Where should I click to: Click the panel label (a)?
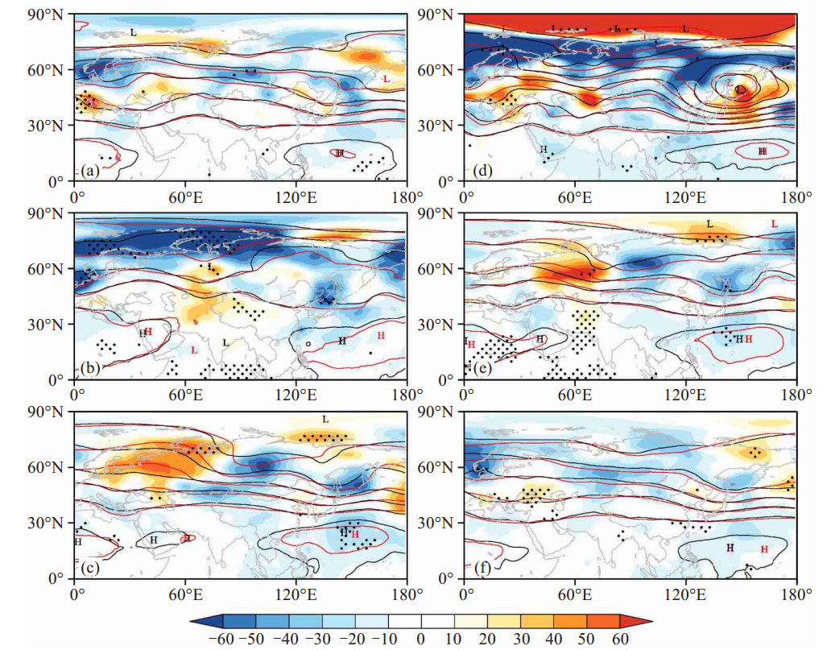coord(91,171)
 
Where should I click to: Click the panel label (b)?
coord(91,369)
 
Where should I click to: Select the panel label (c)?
coord(91,568)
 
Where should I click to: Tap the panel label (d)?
coord(482,171)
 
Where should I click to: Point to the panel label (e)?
coord(482,369)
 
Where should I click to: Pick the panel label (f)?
coord(482,568)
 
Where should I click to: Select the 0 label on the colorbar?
coord(421,638)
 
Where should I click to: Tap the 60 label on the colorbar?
coord(620,638)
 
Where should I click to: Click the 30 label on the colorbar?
coord(521,638)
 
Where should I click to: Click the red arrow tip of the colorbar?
coord(651,621)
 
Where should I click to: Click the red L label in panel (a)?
coord(386,79)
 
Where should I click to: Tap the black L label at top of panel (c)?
coord(325,420)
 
